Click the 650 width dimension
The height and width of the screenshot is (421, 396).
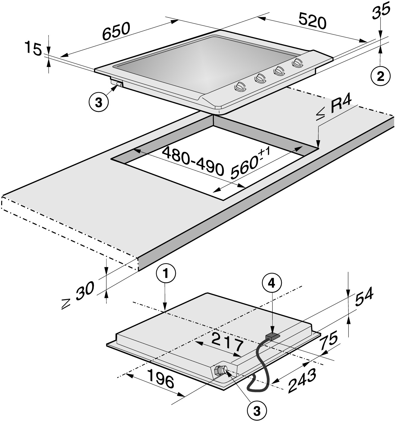click(x=116, y=31)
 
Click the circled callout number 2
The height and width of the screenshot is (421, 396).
click(x=381, y=77)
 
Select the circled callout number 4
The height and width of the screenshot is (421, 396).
click(x=272, y=284)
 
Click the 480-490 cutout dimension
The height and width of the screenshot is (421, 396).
click(x=193, y=161)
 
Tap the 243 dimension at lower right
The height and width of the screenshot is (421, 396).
click(x=301, y=381)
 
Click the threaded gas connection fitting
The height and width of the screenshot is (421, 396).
click(x=221, y=370)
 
